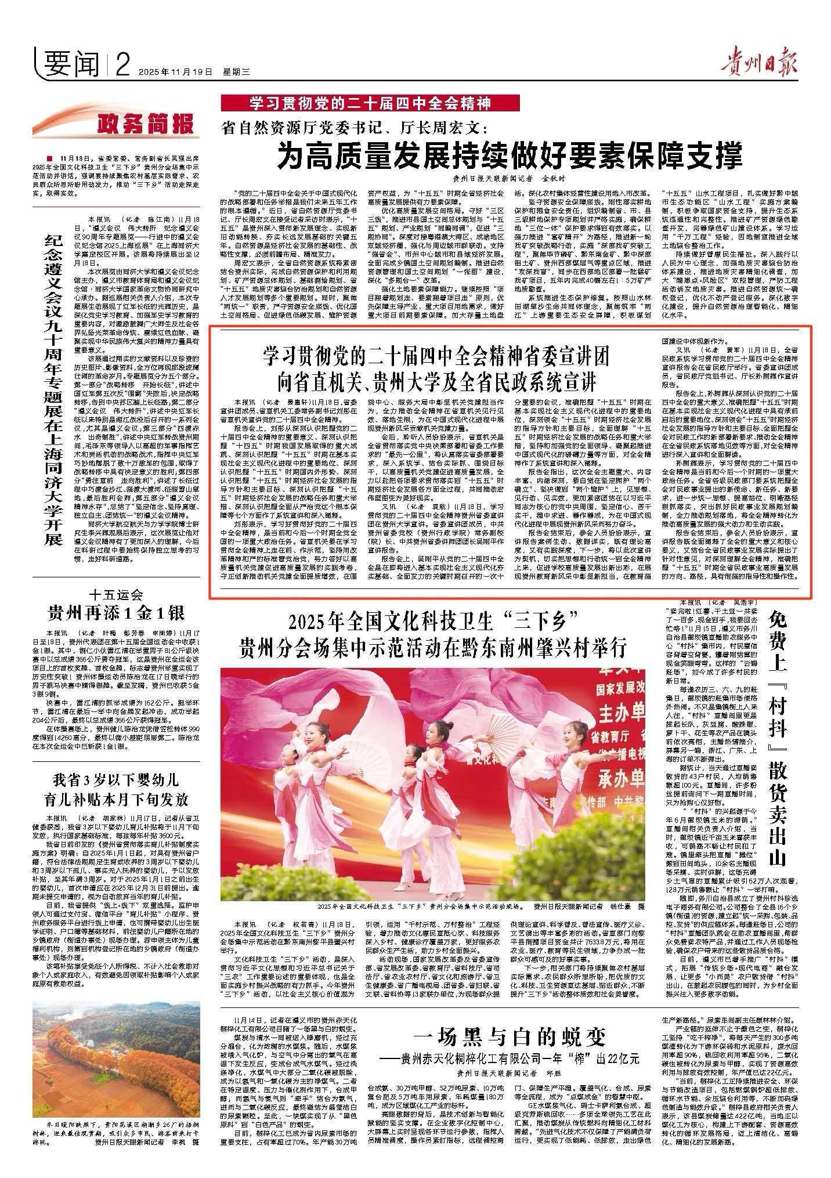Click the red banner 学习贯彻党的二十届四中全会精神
(x=371, y=104)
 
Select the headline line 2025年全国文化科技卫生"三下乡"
(x=435, y=623)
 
